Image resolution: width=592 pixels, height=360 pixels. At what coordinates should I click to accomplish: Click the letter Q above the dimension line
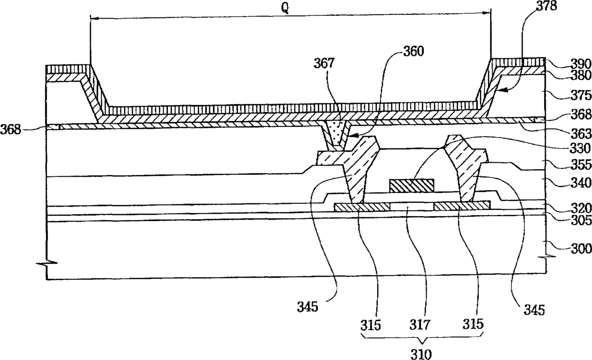coord(285,10)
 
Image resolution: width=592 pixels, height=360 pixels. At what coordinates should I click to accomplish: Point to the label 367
coord(325,63)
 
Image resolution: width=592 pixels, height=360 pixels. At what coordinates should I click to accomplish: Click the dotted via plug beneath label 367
coord(336,133)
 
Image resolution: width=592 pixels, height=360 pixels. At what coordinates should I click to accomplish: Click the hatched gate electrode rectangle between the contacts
coord(412,185)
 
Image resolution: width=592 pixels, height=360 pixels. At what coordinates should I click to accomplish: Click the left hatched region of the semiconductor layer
coord(362,206)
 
